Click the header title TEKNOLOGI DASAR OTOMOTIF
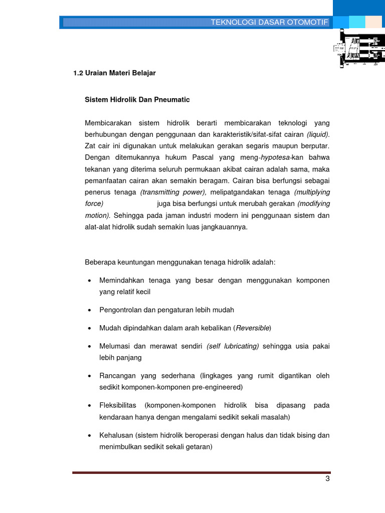(x=269, y=23)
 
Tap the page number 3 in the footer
(x=327, y=478)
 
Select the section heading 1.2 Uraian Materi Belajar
(x=114, y=73)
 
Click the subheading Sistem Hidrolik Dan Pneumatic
(x=137, y=100)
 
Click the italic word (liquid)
(x=318, y=134)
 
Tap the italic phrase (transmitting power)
(x=173, y=192)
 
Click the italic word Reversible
(x=253, y=328)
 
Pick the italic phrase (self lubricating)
(x=233, y=346)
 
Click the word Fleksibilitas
(x=118, y=405)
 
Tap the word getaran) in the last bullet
(x=199, y=447)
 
